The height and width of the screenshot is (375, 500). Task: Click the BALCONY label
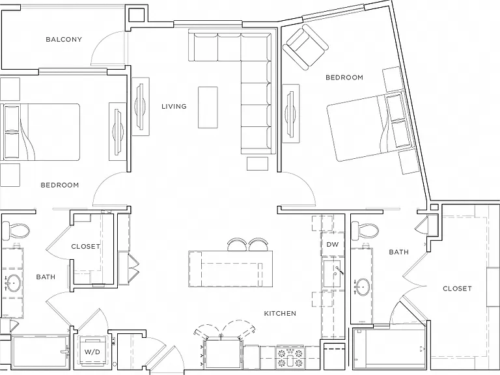tap(64, 40)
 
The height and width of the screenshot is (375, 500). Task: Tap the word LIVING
tap(174, 107)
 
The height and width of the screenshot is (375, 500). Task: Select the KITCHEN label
tap(280, 313)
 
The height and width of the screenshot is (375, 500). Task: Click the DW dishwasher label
tap(333, 245)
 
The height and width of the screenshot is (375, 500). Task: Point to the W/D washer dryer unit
tap(92, 352)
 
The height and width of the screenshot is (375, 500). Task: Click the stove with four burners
tap(290, 357)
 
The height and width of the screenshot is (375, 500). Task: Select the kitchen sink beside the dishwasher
tap(332, 274)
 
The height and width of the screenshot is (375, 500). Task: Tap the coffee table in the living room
tap(208, 107)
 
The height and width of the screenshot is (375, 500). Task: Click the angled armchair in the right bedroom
tap(305, 47)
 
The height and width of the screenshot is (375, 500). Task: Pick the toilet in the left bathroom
tap(16, 230)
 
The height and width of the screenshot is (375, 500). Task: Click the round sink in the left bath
tap(13, 283)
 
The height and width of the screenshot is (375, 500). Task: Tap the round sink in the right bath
tap(362, 286)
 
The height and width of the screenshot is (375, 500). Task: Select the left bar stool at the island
tap(236, 245)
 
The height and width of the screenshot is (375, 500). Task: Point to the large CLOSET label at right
tap(457, 288)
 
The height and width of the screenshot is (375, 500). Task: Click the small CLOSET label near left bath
tap(85, 247)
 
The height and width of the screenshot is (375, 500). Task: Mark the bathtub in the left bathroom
tap(40, 352)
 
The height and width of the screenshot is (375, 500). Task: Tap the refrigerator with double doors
tap(223, 353)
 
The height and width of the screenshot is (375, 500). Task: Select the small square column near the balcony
tap(136, 15)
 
